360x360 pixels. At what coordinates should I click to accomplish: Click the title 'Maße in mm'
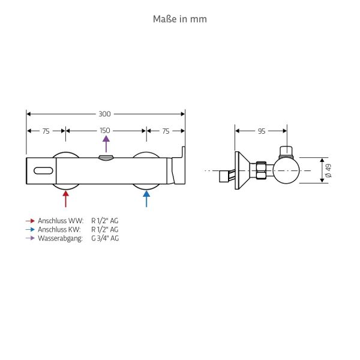pos(180,19)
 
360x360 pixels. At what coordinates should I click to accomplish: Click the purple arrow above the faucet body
pos(106,145)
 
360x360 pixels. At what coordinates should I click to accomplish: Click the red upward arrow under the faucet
pos(65,197)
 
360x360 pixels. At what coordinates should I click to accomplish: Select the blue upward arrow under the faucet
pos(146,197)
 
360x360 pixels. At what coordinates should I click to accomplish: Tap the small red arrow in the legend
pos(30,221)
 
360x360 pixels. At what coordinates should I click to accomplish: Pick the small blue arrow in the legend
pos(30,229)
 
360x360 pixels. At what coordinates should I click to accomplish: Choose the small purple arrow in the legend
pos(30,238)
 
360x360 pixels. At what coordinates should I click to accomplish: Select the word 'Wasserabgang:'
pos(60,238)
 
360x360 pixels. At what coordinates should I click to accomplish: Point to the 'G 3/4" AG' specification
pos(105,238)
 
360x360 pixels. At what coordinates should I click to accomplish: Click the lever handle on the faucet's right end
pos(179,168)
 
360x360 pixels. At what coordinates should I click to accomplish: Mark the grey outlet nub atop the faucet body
pos(105,158)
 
